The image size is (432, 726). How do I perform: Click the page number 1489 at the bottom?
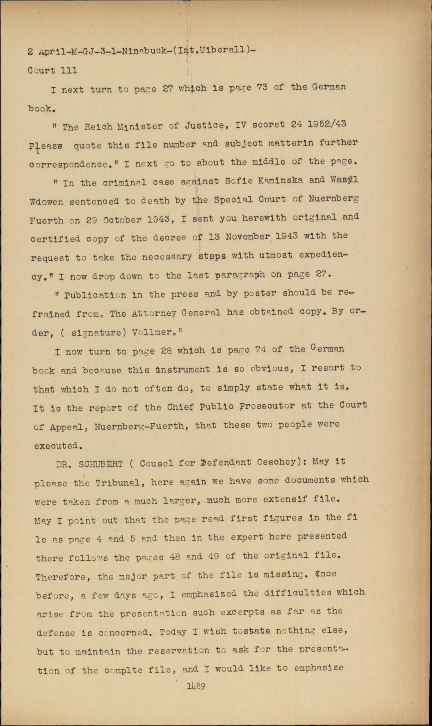click(x=196, y=687)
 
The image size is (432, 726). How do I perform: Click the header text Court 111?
click(x=52, y=70)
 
